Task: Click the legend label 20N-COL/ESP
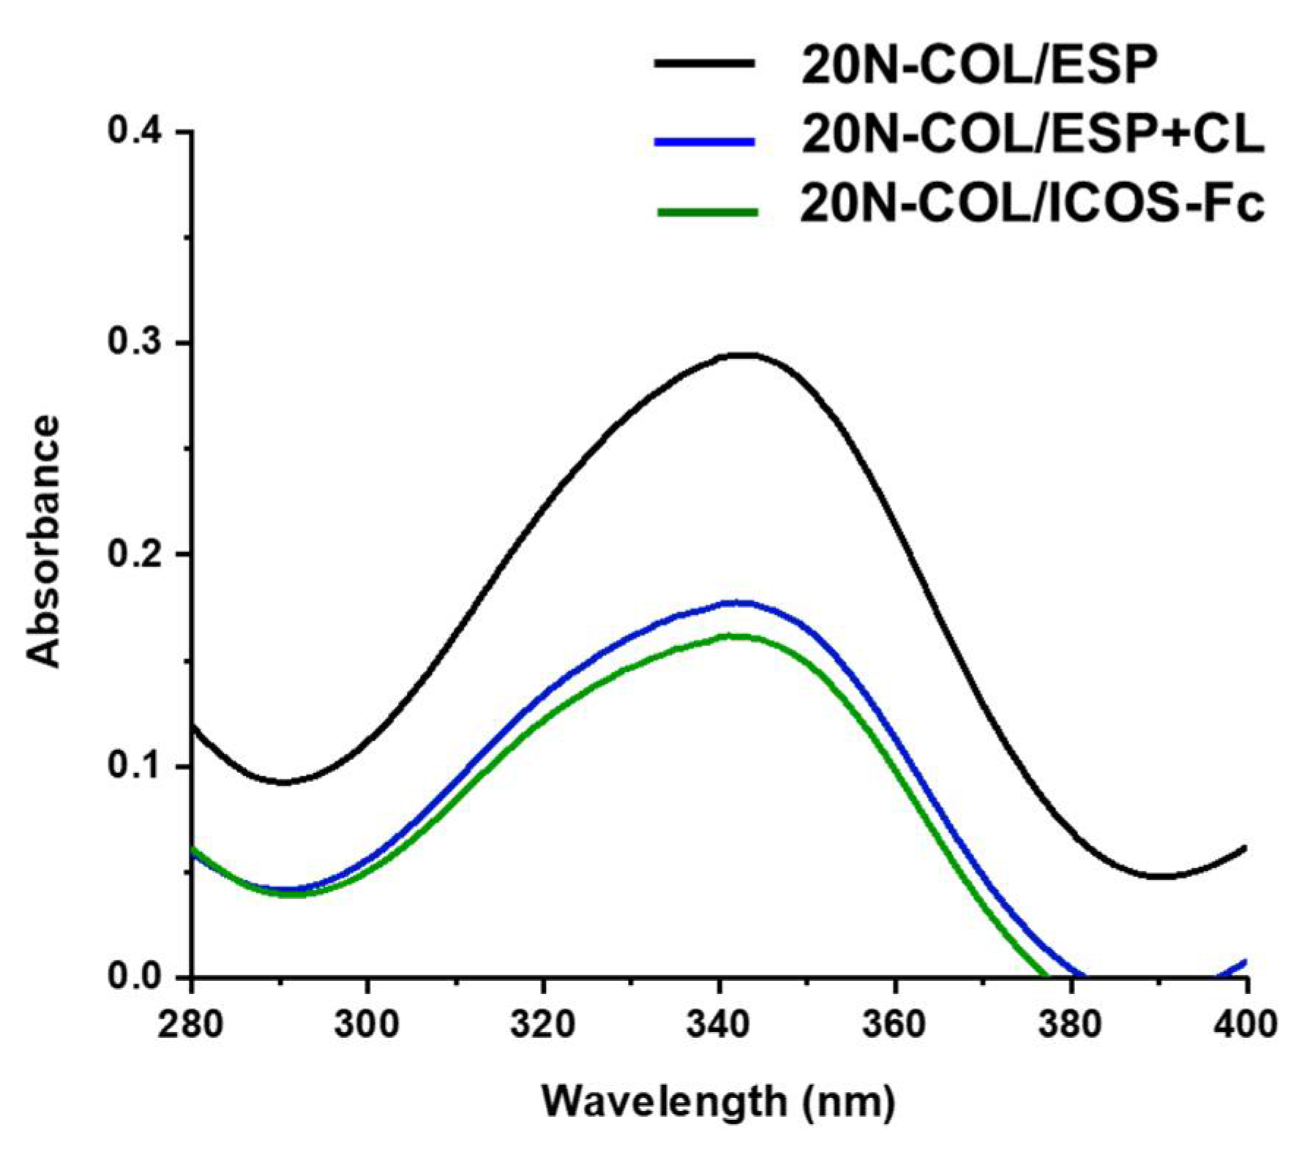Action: click(979, 65)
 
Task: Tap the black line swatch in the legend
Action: click(705, 64)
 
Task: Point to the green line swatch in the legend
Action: click(707, 212)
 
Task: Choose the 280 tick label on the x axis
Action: click(191, 1024)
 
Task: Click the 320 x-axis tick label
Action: click(543, 1024)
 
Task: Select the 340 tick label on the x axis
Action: click(719, 1024)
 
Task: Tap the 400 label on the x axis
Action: click(1246, 1024)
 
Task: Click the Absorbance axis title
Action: click(42, 541)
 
